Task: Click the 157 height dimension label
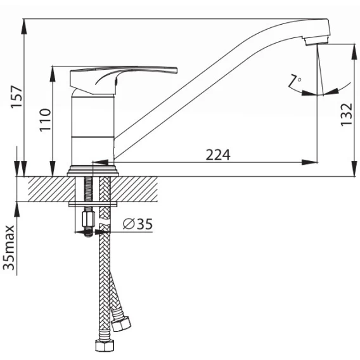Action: point(16,96)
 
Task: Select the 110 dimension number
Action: point(45,120)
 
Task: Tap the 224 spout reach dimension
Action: point(218,155)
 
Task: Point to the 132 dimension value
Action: point(346,115)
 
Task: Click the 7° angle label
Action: point(295,81)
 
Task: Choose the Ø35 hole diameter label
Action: point(138,224)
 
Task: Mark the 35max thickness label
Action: point(9,247)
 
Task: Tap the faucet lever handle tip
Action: point(175,70)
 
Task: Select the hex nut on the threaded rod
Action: point(88,219)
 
